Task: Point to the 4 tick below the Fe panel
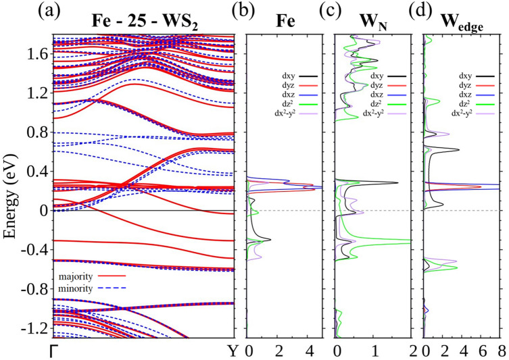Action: (310, 351)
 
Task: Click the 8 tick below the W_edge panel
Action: (501, 351)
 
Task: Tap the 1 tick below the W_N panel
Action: (374, 351)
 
